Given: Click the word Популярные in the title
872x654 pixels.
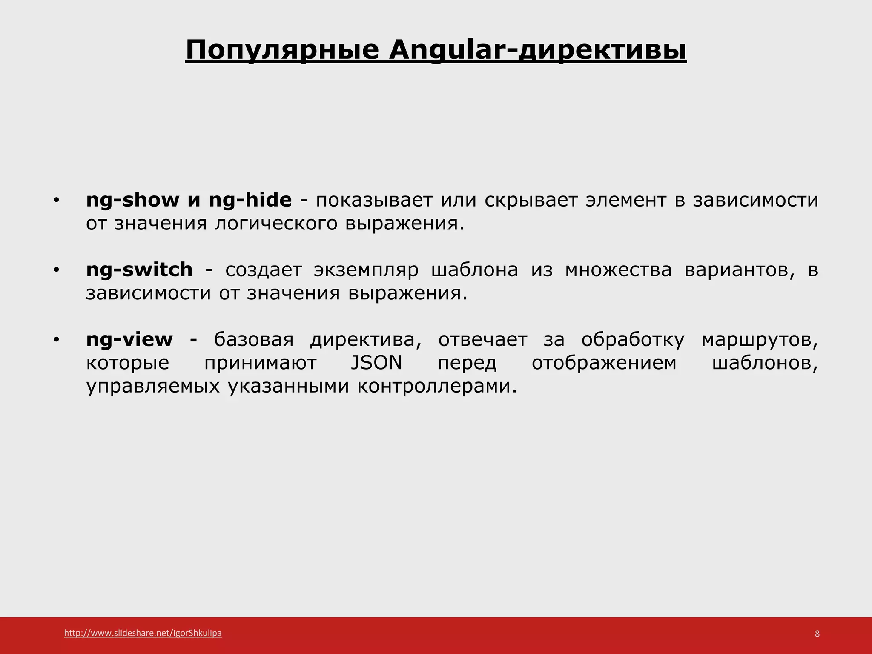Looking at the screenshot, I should (282, 50).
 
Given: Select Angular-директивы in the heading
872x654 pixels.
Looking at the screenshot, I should (537, 50).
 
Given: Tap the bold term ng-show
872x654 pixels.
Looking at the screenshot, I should (133, 200).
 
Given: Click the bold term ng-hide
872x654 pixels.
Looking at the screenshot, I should (250, 200).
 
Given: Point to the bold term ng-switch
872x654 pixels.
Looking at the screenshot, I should (139, 270).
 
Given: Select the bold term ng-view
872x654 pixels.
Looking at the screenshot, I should (129, 339).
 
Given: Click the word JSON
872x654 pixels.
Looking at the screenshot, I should (376, 363).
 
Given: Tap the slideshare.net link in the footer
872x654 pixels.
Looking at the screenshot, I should (143, 633).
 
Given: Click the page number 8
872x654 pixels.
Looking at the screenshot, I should (817, 634).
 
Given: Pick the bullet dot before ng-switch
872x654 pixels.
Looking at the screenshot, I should (56, 271).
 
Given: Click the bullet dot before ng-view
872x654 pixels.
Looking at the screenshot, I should (56, 341).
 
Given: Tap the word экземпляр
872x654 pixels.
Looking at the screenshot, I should (366, 270).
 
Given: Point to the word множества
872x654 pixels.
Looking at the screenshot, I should (618, 270).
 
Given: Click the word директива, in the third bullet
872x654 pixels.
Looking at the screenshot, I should (366, 339).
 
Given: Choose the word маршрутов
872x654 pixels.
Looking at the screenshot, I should (760, 339).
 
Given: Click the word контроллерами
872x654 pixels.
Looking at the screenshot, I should (437, 386).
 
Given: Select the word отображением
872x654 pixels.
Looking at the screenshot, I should (604, 363).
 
